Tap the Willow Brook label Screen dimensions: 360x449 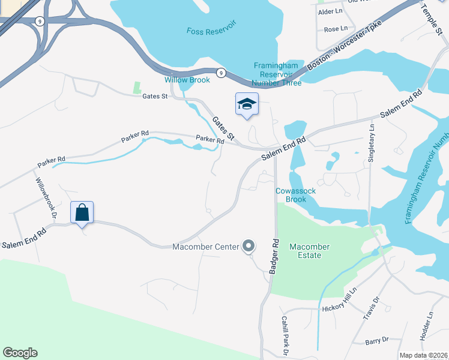pyautogui.click(x=187, y=80)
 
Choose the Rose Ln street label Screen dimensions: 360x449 pyautogui.click(x=336, y=29)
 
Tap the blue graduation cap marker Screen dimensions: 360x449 pyautogui.click(x=247, y=104)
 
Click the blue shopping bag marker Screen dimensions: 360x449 pyautogui.click(x=82, y=212)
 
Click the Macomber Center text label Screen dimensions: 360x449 pyautogui.click(x=205, y=247)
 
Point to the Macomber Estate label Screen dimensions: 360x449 pyautogui.click(x=305, y=251)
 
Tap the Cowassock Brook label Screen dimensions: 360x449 pyautogui.click(x=295, y=195)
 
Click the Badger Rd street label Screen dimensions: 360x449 pyautogui.click(x=276, y=257)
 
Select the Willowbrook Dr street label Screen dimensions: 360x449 pyautogui.click(x=44, y=197)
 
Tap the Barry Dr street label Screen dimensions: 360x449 pyautogui.click(x=376, y=340)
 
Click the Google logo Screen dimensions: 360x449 pyautogui.click(x=20, y=353)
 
